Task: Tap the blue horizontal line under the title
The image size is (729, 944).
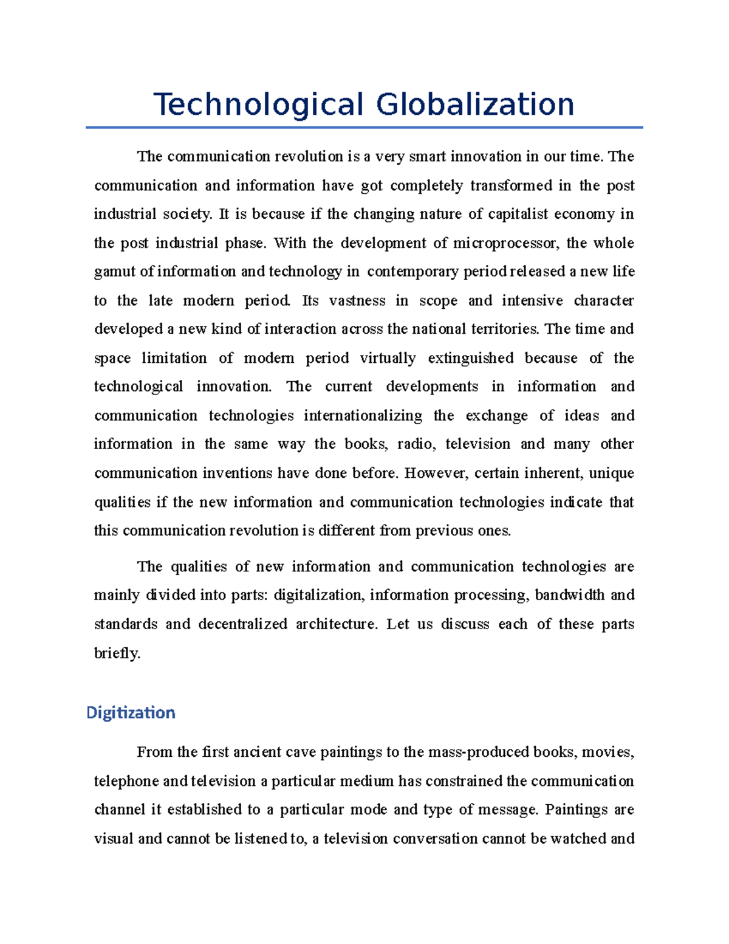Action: point(364,127)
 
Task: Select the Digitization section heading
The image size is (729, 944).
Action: point(131,712)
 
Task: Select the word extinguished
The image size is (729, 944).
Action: point(470,358)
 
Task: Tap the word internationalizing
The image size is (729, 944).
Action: point(363,416)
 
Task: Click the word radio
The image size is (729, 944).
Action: point(416,444)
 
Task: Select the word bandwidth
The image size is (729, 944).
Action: point(569,595)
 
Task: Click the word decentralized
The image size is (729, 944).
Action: point(242,624)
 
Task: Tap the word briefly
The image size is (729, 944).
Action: point(117,653)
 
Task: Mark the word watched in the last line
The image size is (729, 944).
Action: point(578,839)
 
